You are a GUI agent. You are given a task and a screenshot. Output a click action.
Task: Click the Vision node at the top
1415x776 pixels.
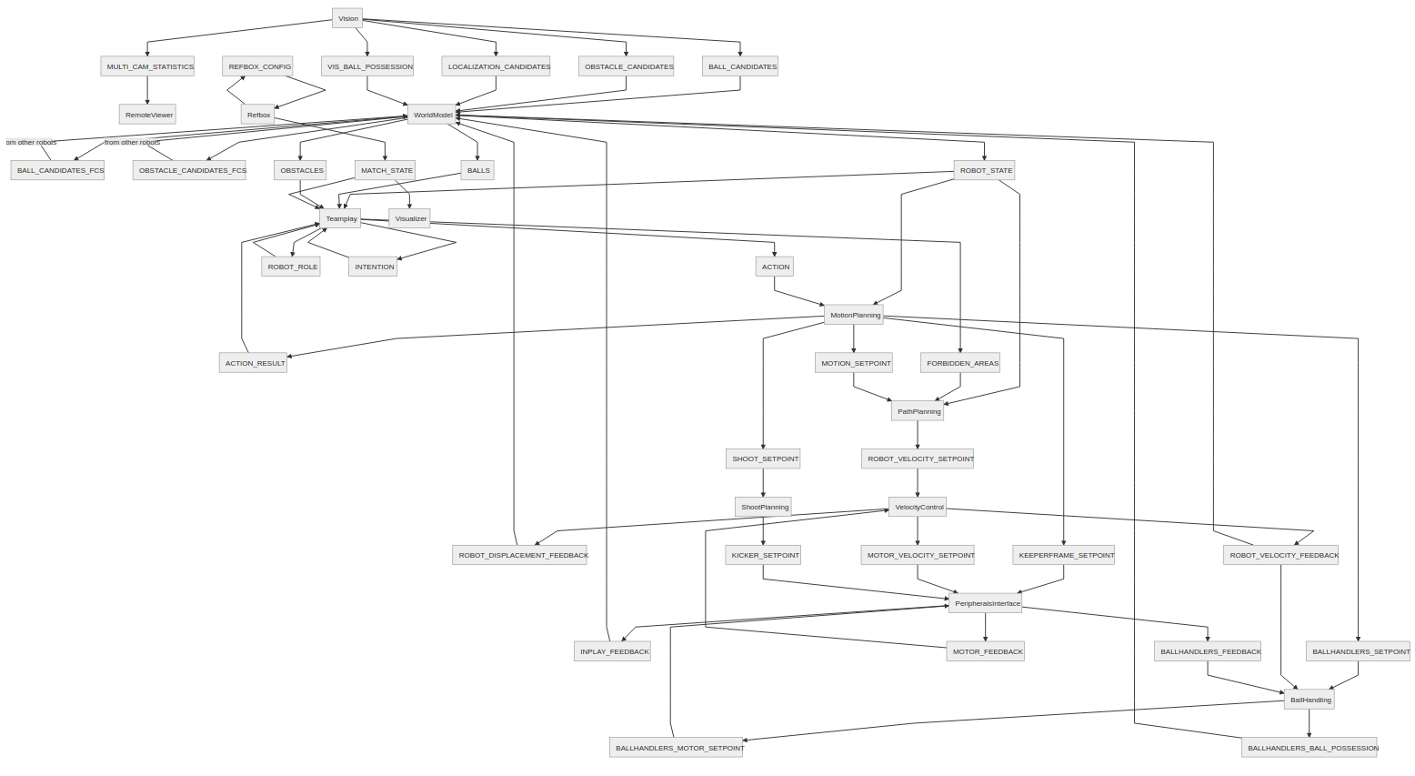coord(347,18)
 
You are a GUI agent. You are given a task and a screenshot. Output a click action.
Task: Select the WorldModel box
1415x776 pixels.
coord(432,115)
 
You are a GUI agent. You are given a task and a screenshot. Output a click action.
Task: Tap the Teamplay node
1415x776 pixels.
coord(341,218)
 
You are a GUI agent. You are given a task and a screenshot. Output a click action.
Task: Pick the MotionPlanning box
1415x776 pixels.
coord(854,315)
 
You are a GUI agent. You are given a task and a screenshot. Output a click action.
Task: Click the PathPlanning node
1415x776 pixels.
coord(918,411)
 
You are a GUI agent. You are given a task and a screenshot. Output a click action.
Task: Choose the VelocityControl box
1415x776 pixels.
coord(918,507)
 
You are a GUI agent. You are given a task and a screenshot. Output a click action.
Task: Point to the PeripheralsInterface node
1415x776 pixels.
coord(986,603)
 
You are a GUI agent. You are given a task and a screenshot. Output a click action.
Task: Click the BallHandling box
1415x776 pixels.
coord(1310,700)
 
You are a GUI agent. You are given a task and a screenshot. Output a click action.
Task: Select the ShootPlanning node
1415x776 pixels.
coord(764,507)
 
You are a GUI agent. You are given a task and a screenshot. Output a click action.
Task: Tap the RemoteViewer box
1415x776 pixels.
coord(148,115)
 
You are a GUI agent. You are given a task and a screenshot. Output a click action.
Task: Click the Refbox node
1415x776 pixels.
coord(258,115)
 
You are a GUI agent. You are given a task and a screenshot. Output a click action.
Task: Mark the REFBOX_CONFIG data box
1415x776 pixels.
coord(258,66)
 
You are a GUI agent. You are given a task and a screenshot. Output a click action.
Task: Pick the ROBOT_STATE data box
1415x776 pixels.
coord(985,170)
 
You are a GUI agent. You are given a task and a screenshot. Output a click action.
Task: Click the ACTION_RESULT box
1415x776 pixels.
coord(254,363)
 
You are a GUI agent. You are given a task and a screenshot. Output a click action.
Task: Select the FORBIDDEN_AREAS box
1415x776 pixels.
coord(961,363)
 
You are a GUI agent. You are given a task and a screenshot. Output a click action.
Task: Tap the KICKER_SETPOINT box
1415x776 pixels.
coord(764,555)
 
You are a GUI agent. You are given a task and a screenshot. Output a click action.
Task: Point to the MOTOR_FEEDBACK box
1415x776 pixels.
coord(986,651)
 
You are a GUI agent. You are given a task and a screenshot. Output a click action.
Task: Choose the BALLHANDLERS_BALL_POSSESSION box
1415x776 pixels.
coord(1310,748)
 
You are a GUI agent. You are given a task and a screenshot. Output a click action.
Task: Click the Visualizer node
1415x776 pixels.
coord(410,218)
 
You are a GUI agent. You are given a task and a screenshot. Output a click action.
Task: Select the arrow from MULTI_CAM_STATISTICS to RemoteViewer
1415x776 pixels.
coord(147,90)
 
